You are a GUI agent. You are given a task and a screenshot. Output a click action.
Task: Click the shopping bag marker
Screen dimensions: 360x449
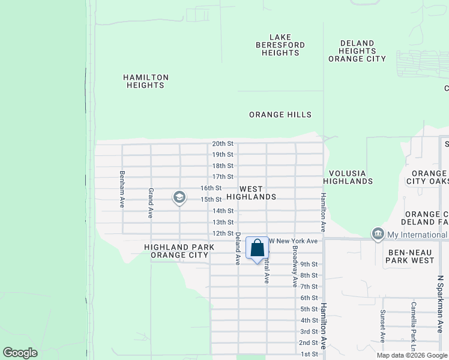pyautogui.click(x=258, y=249)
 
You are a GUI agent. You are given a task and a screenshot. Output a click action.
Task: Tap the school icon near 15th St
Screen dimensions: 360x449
pyautogui.click(x=179, y=197)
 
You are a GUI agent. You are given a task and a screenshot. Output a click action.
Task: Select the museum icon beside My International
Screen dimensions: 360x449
pyautogui.click(x=378, y=234)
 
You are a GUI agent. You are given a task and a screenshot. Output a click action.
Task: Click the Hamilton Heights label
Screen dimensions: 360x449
pyautogui.click(x=145, y=81)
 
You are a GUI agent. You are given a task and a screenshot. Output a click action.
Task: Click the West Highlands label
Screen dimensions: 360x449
pyautogui.click(x=259, y=192)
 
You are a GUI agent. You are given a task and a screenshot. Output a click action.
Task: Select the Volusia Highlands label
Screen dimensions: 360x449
pyautogui.click(x=348, y=176)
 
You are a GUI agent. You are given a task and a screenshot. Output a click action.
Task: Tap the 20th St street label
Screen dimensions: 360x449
pyautogui.click(x=222, y=143)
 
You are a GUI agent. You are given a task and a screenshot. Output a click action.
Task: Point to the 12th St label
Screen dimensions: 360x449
pyautogui.click(x=222, y=233)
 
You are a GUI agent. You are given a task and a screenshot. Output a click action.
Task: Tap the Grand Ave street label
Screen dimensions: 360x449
pyautogui.click(x=151, y=202)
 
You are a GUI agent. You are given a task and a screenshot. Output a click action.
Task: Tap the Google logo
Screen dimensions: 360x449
pyautogui.click(x=20, y=353)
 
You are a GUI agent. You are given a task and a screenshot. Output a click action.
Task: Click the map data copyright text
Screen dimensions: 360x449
pyautogui.click(x=412, y=355)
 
